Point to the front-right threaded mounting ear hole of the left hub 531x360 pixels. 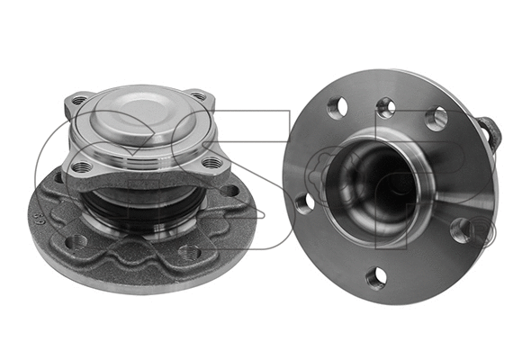pyautogui.click(x=212, y=162)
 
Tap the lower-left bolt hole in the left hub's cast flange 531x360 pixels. pyautogui.click(x=77, y=241)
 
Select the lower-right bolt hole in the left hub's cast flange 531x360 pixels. pyautogui.click(x=188, y=253)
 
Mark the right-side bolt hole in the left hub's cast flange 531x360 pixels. pyautogui.click(x=232, y=191)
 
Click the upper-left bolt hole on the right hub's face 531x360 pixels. pyautogui.click(x=337, y=108)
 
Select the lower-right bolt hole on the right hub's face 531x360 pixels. pyautogui.click(x=460, y=230)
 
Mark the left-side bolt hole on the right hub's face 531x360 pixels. pyautogui.click(x=304, y=202)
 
